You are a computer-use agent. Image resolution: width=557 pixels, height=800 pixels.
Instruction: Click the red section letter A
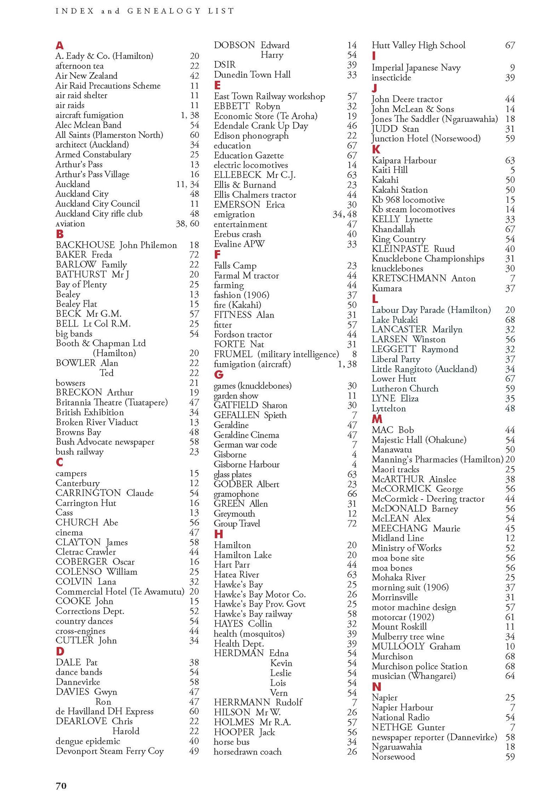59,46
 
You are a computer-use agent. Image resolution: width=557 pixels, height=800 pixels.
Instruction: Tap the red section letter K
376,150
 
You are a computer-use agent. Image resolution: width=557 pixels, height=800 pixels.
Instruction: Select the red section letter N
376,686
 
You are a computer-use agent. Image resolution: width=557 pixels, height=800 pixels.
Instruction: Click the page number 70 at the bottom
61,786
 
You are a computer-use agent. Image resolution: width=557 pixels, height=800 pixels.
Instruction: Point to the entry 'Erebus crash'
237,234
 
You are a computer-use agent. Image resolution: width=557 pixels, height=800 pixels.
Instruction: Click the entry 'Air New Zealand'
86,76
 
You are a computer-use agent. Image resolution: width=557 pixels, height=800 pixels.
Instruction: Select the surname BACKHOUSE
85,245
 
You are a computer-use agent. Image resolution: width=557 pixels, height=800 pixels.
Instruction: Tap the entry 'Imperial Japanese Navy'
416,68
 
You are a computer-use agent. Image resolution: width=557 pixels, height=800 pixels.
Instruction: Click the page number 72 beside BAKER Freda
194,255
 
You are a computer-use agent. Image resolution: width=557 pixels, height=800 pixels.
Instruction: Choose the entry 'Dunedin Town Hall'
252,75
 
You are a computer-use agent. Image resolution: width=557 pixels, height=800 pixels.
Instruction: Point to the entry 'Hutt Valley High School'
418,45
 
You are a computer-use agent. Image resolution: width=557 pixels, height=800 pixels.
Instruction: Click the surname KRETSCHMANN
409,279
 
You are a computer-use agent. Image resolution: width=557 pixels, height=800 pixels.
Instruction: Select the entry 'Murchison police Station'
420,666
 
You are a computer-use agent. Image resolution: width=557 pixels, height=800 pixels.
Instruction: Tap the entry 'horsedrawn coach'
247,752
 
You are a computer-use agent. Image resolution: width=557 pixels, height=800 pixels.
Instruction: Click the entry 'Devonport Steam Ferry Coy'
110,751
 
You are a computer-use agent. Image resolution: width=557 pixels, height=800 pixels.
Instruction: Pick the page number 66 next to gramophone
352,494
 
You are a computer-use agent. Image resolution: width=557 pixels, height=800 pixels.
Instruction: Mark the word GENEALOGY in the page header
163,11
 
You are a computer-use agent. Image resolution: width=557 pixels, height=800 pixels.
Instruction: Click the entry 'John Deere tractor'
407,99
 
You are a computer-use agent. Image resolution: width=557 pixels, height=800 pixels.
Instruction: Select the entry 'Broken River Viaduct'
97,422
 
